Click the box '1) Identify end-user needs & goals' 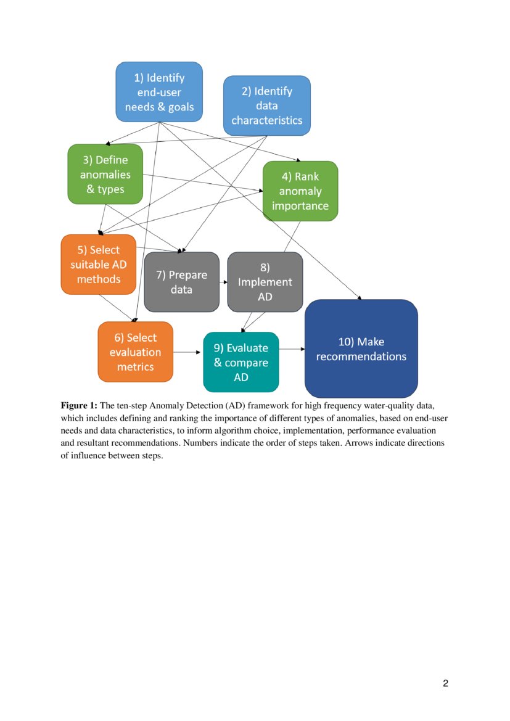click(x=159, y=92)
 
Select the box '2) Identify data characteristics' click(x=266, y=105)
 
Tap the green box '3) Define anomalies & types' click(x=105, y=174)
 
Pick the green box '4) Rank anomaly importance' click(x=300, y=191)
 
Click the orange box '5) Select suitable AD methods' click(x=98, y=264)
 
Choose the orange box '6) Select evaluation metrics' click(x=135, y=352)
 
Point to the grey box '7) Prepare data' click(x=181, y=282)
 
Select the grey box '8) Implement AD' click(x=265, y=282)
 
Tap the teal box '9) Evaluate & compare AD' click(x=241, y=362)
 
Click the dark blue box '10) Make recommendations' click(x=361, y=348)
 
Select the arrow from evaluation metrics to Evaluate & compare click(x=188, y=352)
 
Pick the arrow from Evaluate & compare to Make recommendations click(x=292, y=349)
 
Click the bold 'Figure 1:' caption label click(x=79, y=406)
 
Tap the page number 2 click(x=445, y=683)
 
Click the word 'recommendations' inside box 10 click(x=361, y=356)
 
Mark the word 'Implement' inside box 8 click(x=265, y=282)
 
